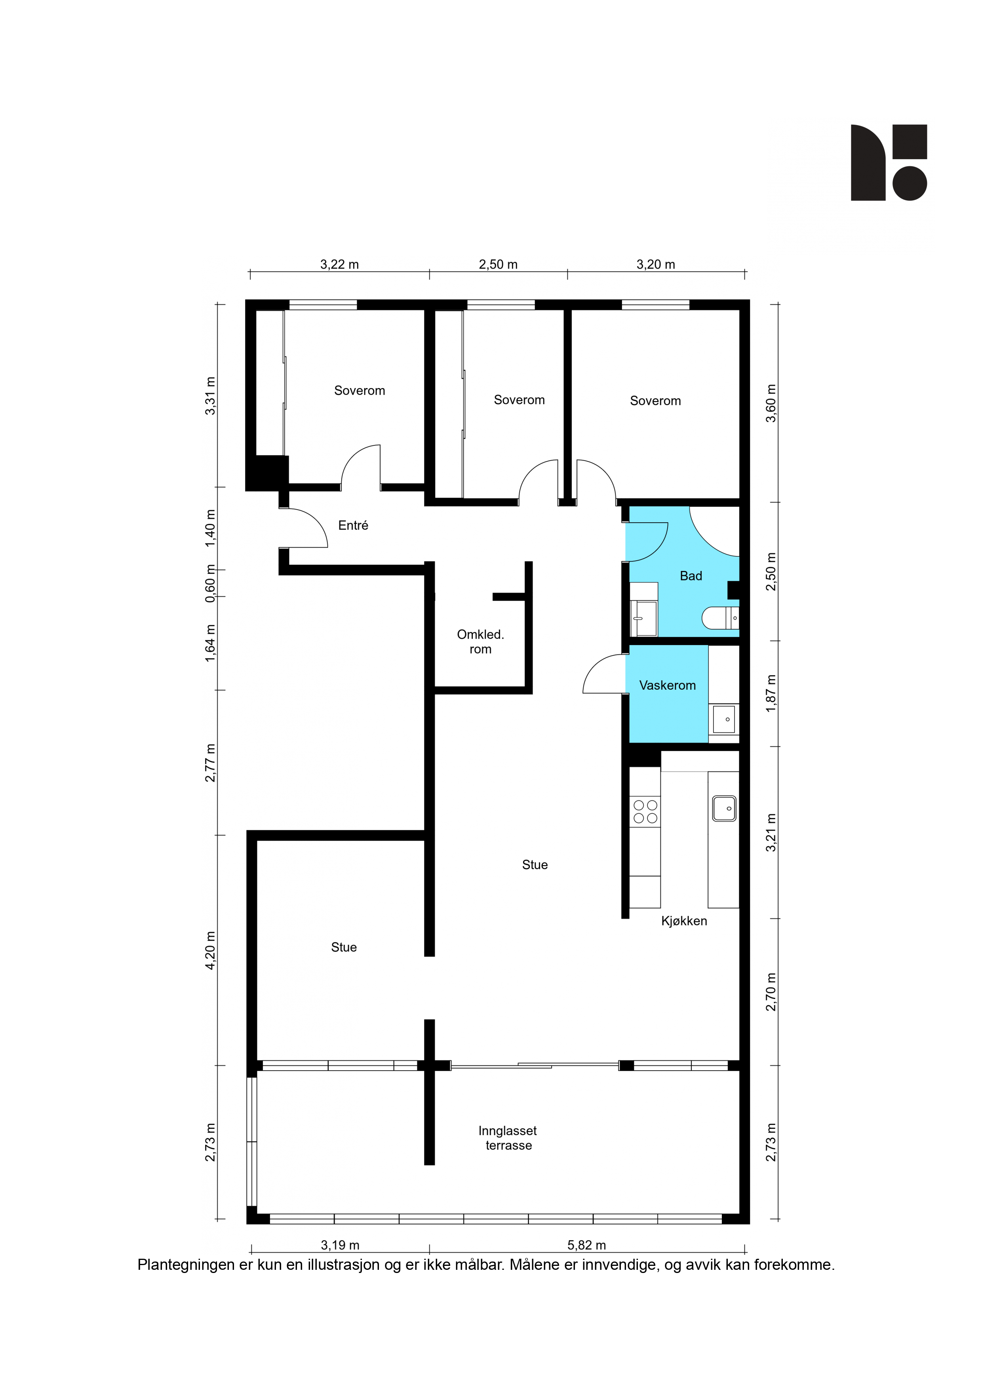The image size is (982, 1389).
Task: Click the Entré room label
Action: click(353, 525)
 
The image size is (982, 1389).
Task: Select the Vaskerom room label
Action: click(667, 685)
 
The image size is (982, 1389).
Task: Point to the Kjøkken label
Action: click(684, 921)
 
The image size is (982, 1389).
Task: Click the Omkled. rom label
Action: click(480, 642)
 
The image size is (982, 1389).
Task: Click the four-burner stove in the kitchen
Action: click(645, 812)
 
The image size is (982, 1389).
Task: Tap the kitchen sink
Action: click(724, 808)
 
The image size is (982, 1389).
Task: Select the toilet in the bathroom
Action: click(720, 618)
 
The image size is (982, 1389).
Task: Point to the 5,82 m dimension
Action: click(586, 1245)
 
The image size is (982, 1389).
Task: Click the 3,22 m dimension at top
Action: click(339, 264)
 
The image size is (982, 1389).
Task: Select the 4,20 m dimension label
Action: click(210, 950)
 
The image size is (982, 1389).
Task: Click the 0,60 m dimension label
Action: click(210, 583)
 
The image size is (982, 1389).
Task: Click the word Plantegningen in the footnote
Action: click(187, 1265)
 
